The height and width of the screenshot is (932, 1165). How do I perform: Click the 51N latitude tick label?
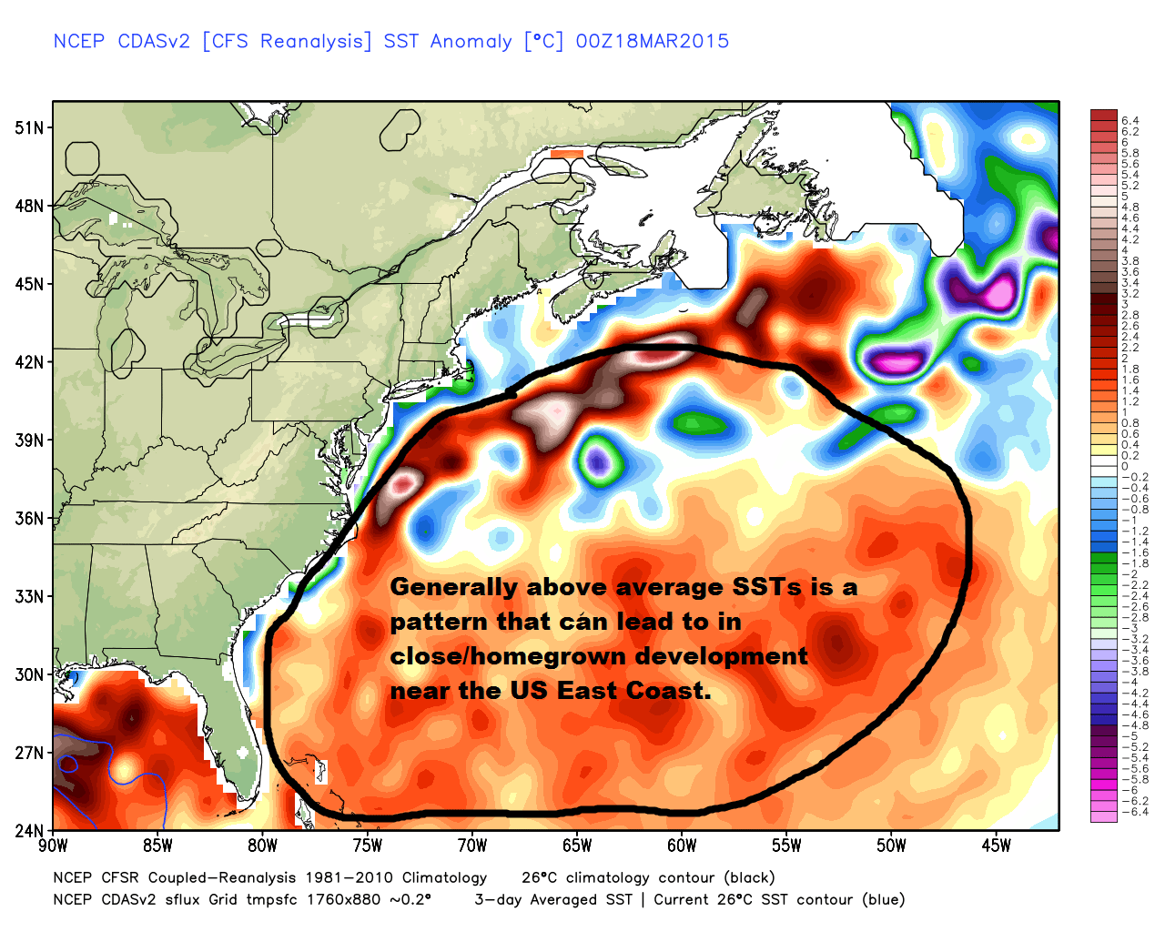pos(29,127)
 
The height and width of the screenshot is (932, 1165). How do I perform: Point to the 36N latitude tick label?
pos(29,519)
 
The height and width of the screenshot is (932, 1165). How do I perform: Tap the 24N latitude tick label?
pos(29,831)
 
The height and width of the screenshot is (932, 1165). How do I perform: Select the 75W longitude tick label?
pos(368,846)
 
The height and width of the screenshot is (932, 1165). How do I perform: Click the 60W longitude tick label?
pos(682,846)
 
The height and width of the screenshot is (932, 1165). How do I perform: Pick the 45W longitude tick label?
pos(996,846)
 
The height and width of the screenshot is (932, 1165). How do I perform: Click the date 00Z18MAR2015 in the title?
pos(652,41)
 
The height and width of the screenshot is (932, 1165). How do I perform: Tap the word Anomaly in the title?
pos(471,41)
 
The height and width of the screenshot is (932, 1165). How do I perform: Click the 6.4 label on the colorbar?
pos(1130,121)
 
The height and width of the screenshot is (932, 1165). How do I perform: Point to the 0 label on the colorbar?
pos(1125,466)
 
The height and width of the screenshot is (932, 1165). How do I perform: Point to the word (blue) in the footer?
pos(883,900)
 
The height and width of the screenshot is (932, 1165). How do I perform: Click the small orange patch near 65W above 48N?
pos(566,155)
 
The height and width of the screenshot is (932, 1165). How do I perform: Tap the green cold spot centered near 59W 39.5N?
pos(699,423)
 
